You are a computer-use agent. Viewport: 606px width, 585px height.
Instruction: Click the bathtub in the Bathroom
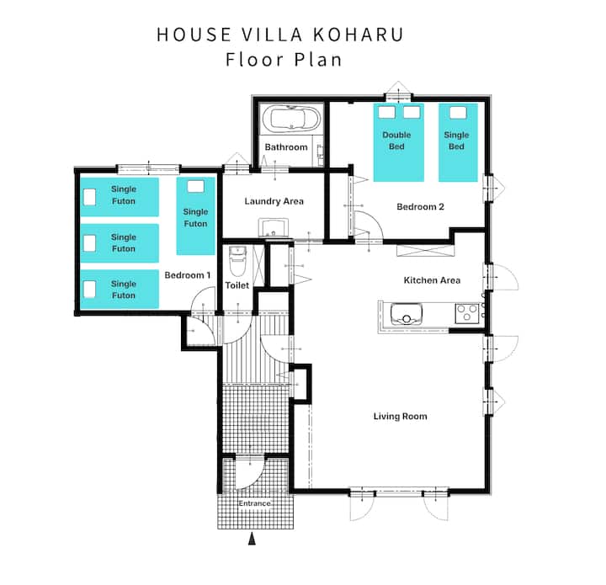click(291, 119)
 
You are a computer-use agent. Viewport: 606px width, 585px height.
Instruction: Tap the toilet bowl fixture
click(237, 261)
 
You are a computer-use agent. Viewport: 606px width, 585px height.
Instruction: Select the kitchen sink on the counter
click(406, 314)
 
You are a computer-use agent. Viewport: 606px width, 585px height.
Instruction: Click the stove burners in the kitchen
click(467, 314)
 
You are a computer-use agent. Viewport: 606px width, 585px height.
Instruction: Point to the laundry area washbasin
click(274, 227)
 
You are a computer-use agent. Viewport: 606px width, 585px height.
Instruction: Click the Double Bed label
click(396, 141)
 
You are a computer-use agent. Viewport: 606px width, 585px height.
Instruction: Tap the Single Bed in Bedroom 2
click(458, 142)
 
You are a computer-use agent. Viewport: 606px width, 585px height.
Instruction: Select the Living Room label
click(400, 416)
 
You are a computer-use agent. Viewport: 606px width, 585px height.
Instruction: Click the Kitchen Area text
click(432, 280)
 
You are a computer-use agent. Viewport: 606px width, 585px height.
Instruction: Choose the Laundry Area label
click(274, 201)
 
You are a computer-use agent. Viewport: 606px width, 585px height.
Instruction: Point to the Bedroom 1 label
click(188, 275)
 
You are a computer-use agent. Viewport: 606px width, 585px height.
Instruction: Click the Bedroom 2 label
click(420, 206)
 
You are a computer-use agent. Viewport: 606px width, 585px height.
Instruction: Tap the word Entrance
click(254, 503)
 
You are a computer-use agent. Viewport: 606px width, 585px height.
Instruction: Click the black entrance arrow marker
click(252, 539)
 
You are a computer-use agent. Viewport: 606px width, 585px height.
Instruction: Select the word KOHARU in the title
click(358, 35)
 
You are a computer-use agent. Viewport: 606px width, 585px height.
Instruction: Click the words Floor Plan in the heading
click(284, 60)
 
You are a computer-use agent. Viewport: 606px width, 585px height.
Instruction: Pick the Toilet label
click(237, 285)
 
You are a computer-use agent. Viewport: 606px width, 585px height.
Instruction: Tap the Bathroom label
click(286, 146)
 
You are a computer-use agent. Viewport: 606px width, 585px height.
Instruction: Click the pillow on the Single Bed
click(458, 113)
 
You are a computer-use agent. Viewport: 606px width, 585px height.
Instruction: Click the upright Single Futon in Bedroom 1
click(195, 216)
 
